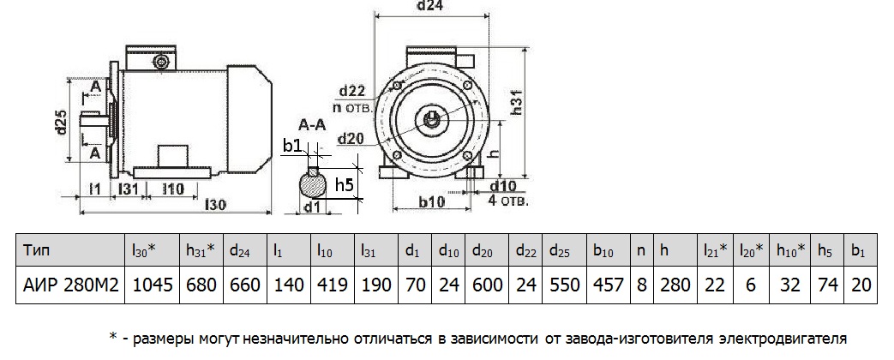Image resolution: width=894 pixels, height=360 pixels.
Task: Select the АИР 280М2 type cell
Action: point(68,285)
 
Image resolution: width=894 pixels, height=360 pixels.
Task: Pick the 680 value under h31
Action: point(201,285)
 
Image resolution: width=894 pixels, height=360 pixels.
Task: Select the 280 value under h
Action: point(672,285)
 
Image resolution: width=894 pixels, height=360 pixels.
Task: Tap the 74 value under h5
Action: point(826,285)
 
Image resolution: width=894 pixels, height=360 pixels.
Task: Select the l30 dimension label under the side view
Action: point(216,206)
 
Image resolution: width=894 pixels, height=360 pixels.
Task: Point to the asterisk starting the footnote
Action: point(113,338)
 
